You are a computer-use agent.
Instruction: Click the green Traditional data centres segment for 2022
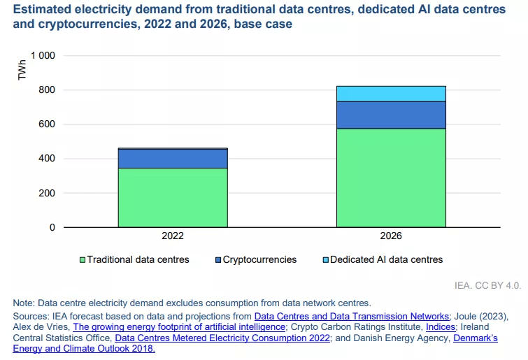(x=172, y=198)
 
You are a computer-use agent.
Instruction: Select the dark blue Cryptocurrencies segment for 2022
(x=172, y=158)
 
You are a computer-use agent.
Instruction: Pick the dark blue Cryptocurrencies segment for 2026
(x=391, y=115)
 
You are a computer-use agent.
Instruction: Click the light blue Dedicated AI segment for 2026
(x=391, y=94)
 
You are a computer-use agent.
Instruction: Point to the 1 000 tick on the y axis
(x=43, y=55)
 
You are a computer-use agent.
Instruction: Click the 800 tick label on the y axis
(x=47, y=89)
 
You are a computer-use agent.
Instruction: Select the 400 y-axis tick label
(x=47, y=159)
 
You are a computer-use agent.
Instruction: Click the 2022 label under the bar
(x=172, y=236)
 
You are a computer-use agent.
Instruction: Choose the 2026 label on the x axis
(x=391, y=236)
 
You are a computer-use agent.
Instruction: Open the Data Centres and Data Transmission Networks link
(x=352, y=316)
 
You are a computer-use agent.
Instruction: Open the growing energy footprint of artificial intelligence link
(x=179, y=326)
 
